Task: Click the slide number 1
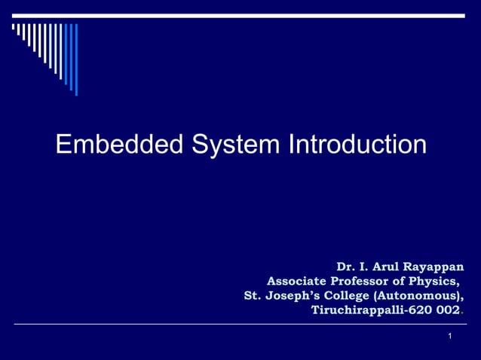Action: tap(449, 335)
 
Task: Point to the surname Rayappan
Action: tap(432, 267)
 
